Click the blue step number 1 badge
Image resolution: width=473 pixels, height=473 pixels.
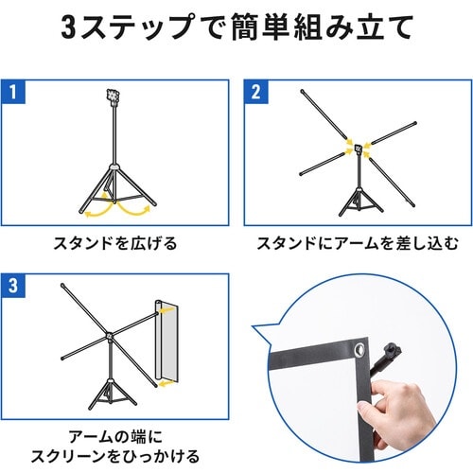tap(13, 92)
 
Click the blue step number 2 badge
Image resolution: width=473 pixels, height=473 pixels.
tap(256, 92)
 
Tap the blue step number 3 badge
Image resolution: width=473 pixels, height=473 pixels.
tap(13, 286)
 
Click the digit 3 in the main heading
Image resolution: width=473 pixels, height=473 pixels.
tap(68, 29)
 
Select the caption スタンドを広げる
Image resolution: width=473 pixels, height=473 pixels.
tap(115, 244)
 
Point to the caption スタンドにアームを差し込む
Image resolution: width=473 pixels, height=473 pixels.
tap(358, 244)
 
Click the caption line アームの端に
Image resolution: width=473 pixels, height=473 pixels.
tap(115, 437)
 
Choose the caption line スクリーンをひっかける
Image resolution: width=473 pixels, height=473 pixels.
tap(115, 456)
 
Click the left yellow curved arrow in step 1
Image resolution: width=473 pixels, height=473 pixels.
tap(97, 209)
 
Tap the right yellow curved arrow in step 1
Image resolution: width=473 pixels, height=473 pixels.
tap(134, 209)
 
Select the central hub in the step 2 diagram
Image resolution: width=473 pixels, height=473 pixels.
tap(359, 149)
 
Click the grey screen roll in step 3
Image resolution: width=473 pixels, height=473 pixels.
tap(166, 342)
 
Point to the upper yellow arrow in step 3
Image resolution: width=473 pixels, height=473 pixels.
tap(166, 310)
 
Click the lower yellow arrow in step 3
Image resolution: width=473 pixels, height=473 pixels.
tap(166, 383)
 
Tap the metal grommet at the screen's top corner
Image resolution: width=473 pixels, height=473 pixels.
tap(359, 349)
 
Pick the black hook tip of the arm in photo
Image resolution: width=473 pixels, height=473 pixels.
tap(393, 350)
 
